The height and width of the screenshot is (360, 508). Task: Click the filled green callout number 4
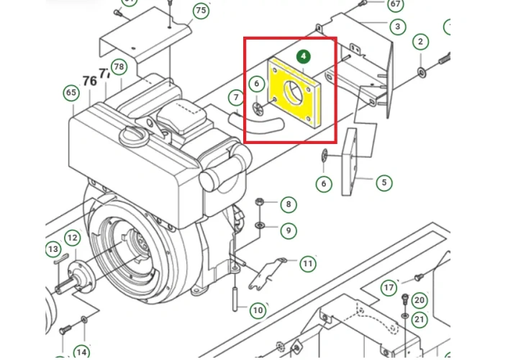click(303, 56)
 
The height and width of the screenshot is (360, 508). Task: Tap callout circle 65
click(71, 93)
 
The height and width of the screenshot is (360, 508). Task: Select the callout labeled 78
click(119, 67)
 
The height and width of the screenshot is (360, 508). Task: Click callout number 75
click(201, 10)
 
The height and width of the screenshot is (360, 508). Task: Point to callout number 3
click(397, 27)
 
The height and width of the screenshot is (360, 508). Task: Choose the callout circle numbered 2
click(420, 42)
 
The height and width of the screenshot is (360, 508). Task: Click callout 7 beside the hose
click(236, 97)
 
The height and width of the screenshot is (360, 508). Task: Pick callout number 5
click(384, 183)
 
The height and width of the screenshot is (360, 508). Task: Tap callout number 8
click(289, 204)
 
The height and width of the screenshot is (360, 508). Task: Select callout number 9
click(289, 230)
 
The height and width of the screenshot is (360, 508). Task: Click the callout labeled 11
click(308, 264)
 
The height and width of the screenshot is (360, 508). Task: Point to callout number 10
click(258, 310)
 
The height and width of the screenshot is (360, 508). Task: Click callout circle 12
click(72, 238)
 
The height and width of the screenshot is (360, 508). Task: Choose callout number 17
click(389, 288)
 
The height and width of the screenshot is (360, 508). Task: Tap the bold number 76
click(89, 81)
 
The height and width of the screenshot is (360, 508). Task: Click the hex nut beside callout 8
click(259, 202)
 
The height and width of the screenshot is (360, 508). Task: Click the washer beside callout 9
click(259, 225)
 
